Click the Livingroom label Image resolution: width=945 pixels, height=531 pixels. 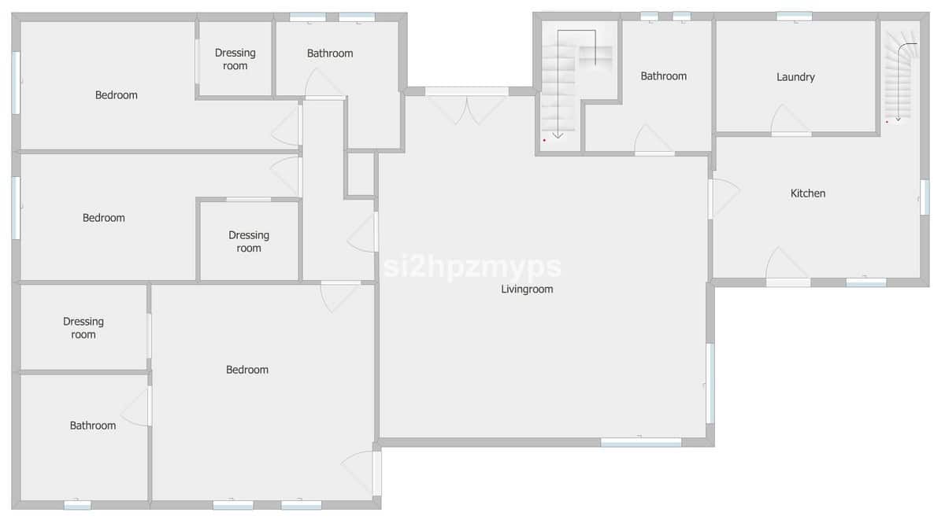tap(527, 289)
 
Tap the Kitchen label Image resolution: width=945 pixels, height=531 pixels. tap(808, 194)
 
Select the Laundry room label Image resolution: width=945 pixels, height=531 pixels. tap(795, 77)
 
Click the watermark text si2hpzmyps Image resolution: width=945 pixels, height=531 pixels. tap(472, 267)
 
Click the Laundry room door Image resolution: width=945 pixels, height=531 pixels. tap(790, 122)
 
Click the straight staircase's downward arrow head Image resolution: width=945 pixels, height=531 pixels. tap(558, 135)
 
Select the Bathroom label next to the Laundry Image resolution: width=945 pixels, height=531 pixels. tap(663, 76)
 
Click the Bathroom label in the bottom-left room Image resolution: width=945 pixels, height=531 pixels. tap(93, 426)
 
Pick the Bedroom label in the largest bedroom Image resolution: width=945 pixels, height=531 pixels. tap(247, 370)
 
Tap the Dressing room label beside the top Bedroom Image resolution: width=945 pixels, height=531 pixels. tap(235, 60)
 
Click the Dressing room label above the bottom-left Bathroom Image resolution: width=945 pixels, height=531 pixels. tap(83, 328)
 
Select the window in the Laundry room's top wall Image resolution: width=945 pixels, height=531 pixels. tap(794, 16)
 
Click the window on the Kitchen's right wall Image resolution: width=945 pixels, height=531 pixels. tap(925, 197)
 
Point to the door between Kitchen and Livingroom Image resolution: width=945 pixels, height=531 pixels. tap(722, 198)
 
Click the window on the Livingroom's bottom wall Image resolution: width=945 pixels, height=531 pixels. tap(641, 442)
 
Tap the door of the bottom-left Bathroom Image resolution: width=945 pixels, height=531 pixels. tap(139, 407)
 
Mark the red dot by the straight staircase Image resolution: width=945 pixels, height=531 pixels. tap(544, 140)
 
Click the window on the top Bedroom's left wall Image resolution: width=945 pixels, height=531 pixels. tap(16, 83)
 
